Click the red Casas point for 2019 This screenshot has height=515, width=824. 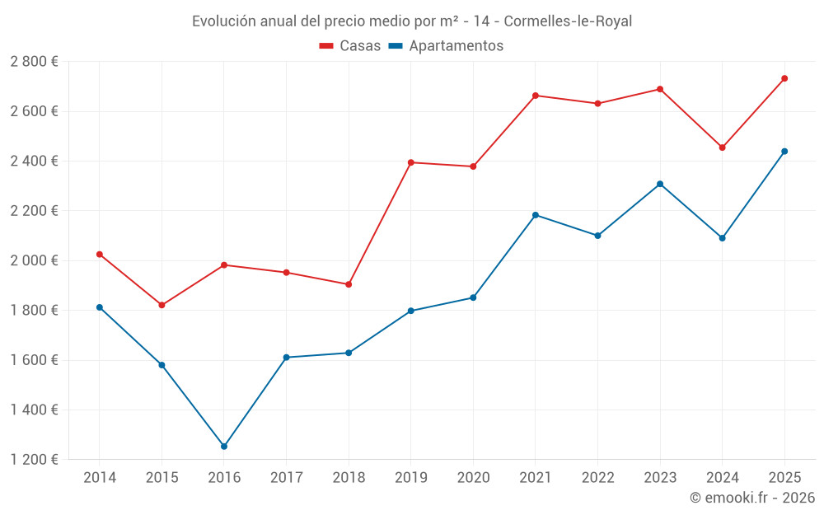point(410,162)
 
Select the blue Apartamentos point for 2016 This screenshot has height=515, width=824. point(224,447)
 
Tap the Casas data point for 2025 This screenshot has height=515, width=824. point(784,78)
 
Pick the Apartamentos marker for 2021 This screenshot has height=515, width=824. point(536,215)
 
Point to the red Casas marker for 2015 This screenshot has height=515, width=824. point(162,305)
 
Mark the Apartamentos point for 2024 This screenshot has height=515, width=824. point(723,238)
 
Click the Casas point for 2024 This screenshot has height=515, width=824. point(723,147)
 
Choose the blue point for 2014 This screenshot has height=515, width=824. point(100,307)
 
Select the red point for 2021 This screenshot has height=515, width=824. point(536,96)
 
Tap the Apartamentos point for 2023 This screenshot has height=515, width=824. point(660,184)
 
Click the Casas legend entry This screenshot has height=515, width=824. point(351,46)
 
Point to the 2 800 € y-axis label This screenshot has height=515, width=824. point(34,62)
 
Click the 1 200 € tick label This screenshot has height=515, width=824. point(34,460)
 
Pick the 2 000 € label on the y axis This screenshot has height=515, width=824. point(34,260)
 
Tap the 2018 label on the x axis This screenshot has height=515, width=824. point(349,477)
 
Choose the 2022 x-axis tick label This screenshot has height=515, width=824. point(597,477)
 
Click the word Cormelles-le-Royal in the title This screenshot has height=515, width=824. point(568,21)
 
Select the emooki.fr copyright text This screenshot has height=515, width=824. point(752,498)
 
